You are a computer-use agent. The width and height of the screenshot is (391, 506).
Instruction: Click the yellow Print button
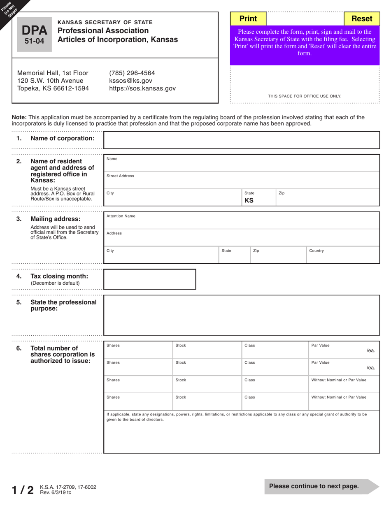248,19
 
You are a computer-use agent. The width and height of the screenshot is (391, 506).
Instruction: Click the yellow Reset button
362,19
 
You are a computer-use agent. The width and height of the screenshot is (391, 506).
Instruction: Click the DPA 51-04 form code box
35,35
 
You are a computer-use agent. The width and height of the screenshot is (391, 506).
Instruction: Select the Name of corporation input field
241,140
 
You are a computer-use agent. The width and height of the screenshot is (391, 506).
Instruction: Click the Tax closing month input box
149,279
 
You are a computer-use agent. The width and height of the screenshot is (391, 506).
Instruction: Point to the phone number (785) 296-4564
132,73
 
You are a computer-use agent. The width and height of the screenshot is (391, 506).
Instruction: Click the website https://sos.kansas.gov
142,88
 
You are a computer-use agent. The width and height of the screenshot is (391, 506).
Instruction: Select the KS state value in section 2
249,201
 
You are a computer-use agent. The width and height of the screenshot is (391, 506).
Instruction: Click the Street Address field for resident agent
241,180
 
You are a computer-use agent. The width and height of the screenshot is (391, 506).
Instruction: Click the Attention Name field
241,221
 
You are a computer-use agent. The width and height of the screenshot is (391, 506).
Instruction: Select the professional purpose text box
241,315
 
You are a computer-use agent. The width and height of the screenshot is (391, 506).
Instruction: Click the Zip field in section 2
327,197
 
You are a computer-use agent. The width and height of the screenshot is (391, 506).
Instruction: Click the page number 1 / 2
23,490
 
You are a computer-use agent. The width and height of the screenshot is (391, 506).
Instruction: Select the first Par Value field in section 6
344,350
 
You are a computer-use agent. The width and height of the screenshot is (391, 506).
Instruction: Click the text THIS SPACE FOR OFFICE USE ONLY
305,96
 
